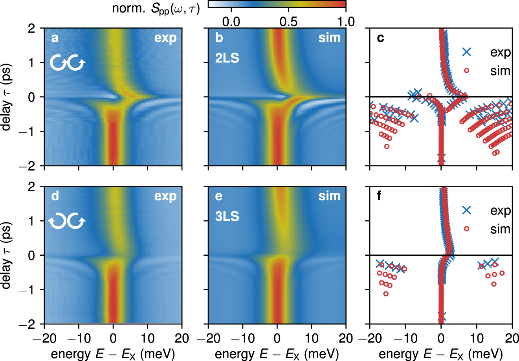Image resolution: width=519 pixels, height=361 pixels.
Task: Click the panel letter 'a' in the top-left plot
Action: tap(55, 38)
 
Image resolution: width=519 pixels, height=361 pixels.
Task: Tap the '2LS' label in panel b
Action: tap(227, 58)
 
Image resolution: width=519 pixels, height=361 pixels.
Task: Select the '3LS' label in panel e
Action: tap(227, 216)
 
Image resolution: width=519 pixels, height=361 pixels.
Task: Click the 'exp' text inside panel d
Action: tap(165, 196)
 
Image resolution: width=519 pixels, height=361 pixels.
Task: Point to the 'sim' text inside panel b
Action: tap(329, 38)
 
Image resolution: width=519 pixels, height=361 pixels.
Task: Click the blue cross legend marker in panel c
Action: tap(467, 52)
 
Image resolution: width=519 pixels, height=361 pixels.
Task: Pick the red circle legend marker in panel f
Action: tap(467, 229)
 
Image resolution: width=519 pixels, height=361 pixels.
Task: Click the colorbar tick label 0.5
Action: tap(288, 22)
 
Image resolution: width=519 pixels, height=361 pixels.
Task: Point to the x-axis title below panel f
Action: tap(440, 354)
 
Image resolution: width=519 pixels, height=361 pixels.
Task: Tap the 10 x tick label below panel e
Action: tap(312, 338)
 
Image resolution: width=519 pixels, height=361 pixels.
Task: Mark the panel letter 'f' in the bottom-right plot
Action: tap(380, 196)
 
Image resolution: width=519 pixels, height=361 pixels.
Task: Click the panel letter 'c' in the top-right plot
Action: tap(380, 38)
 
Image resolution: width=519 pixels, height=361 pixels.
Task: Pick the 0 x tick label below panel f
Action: tap(441, 338)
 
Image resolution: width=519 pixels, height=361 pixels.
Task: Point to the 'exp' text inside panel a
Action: tap(165, 38)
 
